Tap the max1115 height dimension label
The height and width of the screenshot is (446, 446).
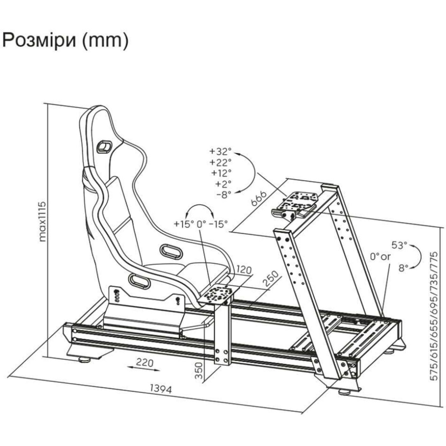[x=43, y=221]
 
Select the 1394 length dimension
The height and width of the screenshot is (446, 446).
[x=161, y=389]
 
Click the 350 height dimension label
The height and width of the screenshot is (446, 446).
[x=199, y=370]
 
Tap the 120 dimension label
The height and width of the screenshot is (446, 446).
[x=243, y=270]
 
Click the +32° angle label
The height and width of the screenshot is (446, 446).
[x=220, y=151]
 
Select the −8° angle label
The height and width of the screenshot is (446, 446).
[x=224, y=195]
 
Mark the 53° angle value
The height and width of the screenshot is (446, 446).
[x=399, y=245]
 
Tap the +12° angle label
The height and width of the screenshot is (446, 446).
[x=221, y=173]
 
